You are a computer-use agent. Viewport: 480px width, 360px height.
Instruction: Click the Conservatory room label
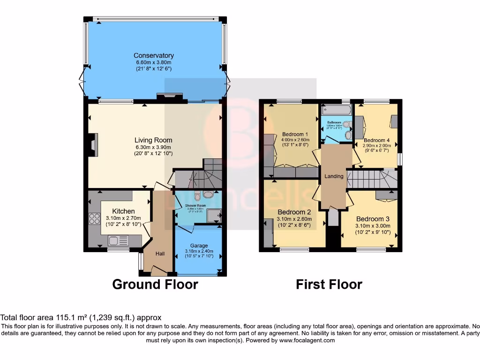point(153,55)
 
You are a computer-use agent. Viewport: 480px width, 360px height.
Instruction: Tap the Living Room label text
point(153,140)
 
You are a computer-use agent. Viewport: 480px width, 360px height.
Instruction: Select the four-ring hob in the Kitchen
point(94,219)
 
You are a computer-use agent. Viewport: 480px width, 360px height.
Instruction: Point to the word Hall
point(160,254)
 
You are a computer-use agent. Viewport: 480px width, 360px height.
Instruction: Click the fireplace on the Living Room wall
point(94,145)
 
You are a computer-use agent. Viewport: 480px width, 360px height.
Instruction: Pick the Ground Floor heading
point(155,284)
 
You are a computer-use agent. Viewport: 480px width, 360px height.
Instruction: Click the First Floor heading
point(329,284)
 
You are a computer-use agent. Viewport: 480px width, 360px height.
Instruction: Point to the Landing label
point(334,176)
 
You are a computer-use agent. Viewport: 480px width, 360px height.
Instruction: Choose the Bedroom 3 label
point(373,219)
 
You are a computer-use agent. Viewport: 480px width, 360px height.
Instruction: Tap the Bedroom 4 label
point(376,140)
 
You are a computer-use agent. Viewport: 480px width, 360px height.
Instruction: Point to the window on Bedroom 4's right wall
point(399,159)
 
